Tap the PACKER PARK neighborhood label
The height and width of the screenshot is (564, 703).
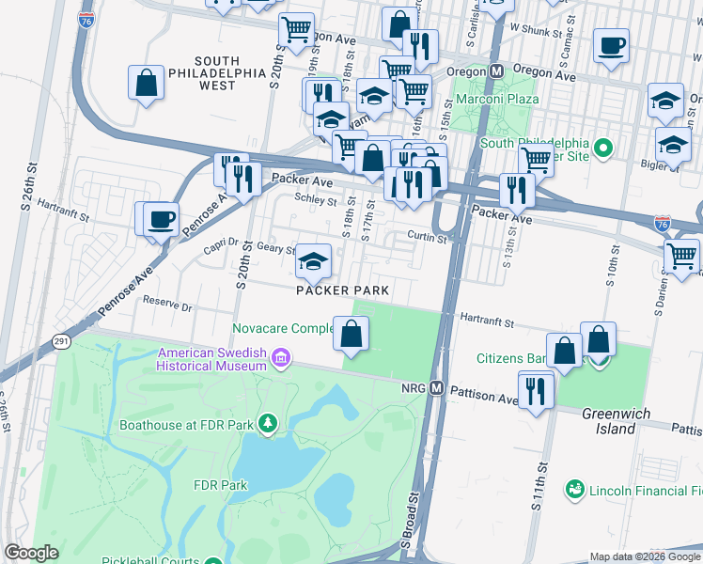point(342,290)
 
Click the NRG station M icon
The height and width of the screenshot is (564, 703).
point(436,387)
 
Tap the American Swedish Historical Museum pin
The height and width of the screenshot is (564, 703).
point(280,358)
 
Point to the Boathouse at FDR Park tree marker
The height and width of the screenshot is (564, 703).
point(267,424)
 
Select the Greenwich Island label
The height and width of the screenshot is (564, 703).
point(617,420)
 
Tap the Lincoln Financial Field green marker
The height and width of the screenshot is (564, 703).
point(573,490)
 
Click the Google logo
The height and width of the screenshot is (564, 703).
point(31,553)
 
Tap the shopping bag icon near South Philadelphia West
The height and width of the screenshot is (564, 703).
point(147,83)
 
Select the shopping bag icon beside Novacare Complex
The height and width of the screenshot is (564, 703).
point(351,334)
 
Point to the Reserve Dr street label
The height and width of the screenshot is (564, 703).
point(166,306)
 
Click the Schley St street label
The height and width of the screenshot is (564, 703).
point(316,200)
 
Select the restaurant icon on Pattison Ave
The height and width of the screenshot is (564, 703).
point(536,388)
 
